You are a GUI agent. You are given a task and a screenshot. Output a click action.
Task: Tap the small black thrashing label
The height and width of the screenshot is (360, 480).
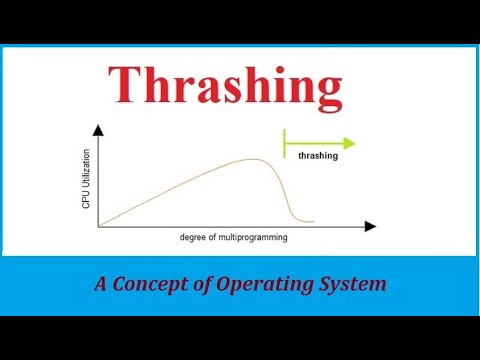pyautogui.click(x=317, y=155)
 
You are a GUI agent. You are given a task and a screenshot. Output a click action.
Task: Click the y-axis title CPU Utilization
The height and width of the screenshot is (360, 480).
pyautogui.click(x=86, y=180)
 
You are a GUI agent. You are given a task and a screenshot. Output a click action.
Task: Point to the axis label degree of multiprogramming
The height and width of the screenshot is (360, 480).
pyautogui.click(x=232, y=238)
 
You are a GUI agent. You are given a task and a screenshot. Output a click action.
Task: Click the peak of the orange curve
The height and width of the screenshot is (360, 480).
pyautogui.click(x=255, y=160)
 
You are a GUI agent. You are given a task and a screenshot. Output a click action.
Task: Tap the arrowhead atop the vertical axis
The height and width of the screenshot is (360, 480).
pyautogui.click(x=98, y=131)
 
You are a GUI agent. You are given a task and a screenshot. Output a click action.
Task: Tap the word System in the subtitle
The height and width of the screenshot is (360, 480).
pyautogui.click(x=353, y=284)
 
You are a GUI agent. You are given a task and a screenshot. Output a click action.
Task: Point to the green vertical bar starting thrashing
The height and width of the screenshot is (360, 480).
pyautogui.click(x=285, y=143)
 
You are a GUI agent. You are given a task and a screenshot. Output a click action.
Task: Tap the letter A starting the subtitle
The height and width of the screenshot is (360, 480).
pyautogui.click(x=101, y=284)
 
